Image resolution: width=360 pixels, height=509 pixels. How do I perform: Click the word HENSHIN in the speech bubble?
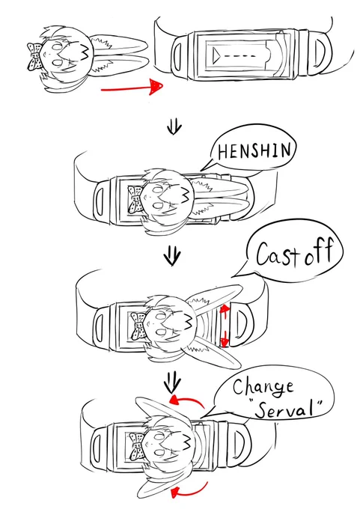coord(254,150)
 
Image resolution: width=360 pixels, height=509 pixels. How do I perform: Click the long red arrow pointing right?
coord(132,87)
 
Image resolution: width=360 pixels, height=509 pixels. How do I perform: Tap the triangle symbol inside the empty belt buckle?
coord(216,55)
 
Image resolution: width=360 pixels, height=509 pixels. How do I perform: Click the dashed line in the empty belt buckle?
coord(240,56)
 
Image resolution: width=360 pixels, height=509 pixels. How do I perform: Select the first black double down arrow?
coord(174,127)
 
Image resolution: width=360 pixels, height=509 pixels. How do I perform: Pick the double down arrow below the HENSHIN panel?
coord(171,256)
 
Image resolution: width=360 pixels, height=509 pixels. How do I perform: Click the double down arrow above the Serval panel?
coord(172,383)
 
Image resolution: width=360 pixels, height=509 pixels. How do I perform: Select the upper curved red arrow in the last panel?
coord(187,401)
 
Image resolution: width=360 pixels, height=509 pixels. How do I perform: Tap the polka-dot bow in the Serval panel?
coord(136,447)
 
